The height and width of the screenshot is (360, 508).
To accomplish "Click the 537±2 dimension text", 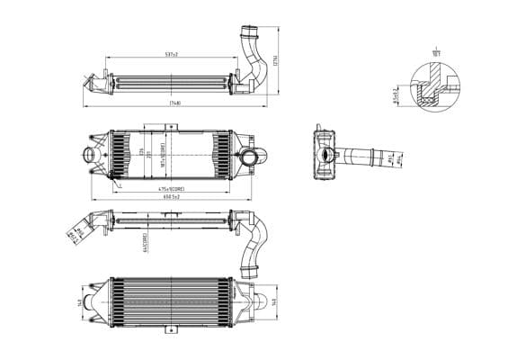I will pyautogui.click(x=171, y=55).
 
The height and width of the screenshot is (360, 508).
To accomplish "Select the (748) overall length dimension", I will pyautogui.click(x=175, y=103).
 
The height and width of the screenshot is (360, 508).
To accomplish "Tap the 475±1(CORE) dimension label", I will pyautogui.click(x=172, y=189).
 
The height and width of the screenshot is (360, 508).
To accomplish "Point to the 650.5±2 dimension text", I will pyautogui.click(x=171, y=196).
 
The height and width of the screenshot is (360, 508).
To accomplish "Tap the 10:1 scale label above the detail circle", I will pyautogui.click(x=436, y=53).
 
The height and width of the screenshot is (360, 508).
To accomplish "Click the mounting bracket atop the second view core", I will pyautogui.click(x=171, y=129).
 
